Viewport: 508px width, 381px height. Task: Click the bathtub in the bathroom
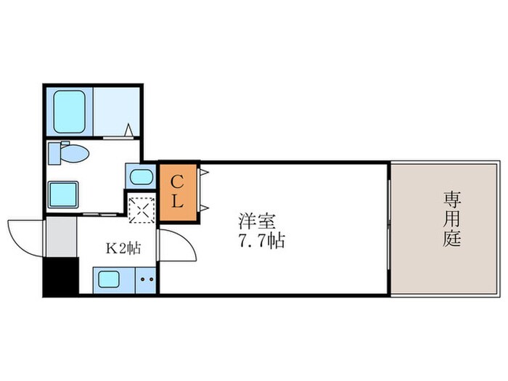pos(70,111)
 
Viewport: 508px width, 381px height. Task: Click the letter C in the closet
pos(176,179)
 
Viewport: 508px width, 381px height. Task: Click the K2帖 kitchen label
pos(123,249)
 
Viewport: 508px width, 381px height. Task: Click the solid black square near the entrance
pos(60,276)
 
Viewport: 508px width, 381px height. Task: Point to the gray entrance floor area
pos(61,235)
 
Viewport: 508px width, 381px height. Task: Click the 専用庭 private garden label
pos(452,218)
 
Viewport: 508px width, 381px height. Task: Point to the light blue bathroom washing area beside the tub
pos(115,111)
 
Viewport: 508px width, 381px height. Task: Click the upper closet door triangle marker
pos(204,173)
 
